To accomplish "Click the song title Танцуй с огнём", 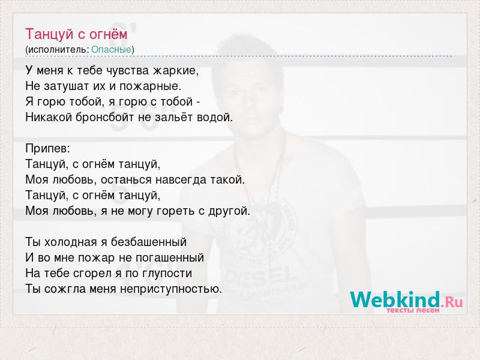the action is coord(76,34).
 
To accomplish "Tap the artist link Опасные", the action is coord(111,50).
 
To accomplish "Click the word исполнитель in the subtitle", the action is coord(58,50).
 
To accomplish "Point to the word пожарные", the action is coord(151,86).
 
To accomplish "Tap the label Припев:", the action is coord(48,149).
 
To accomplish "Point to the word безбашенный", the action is coord(149,242).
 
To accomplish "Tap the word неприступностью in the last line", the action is coord(170,289).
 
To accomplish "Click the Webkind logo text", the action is coord(395,299).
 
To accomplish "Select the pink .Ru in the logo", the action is coord(452,302).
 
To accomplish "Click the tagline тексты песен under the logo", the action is coord(413,310).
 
